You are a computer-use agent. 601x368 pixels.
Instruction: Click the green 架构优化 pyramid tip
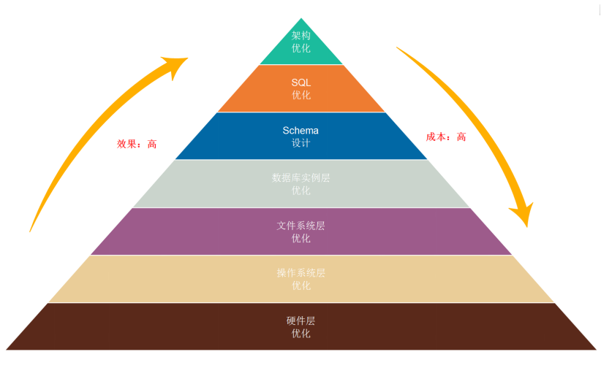(301, 46)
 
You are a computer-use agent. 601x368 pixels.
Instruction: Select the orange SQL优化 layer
(301, 88)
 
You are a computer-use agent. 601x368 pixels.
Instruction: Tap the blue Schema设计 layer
(301, 136)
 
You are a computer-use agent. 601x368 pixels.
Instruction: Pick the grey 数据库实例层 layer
(301, 184)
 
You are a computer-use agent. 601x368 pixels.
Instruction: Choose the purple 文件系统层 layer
(301, 231)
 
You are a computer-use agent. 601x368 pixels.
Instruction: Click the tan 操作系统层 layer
(301, 279)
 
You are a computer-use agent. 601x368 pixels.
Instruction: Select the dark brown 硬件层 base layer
(301, 326)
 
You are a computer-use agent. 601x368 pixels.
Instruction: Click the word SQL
(301, 83)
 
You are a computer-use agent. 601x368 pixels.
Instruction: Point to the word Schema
(300, 131)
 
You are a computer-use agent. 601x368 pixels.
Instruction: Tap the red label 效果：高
(137, 144)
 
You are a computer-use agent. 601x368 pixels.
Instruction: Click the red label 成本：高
(446, 137)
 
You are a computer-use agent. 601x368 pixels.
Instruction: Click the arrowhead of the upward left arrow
(175, 66)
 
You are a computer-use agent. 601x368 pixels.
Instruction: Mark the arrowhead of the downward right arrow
(523, 215)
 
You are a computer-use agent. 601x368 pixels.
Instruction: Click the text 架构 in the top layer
(301, 36)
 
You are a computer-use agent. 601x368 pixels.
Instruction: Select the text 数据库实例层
(301, 177)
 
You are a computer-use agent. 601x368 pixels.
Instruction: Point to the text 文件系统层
(301, 226)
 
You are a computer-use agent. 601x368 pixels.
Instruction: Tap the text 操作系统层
(301, 273)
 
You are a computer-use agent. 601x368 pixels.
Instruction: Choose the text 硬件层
(301, 321)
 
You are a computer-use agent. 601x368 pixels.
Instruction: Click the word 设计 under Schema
(301, 143)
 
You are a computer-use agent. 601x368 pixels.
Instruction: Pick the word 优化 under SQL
(301, 95)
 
